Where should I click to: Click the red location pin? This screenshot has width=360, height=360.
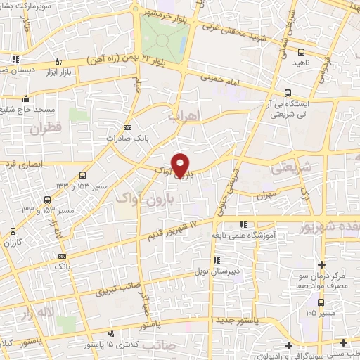[x=181, y=165]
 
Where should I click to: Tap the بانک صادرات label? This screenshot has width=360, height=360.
[x=124, y=139]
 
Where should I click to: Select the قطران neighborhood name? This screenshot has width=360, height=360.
[x=46, y=128]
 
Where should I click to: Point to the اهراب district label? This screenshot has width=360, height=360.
[x=185, y=115]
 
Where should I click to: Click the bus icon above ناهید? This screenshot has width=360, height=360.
[x=302, y=52]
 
